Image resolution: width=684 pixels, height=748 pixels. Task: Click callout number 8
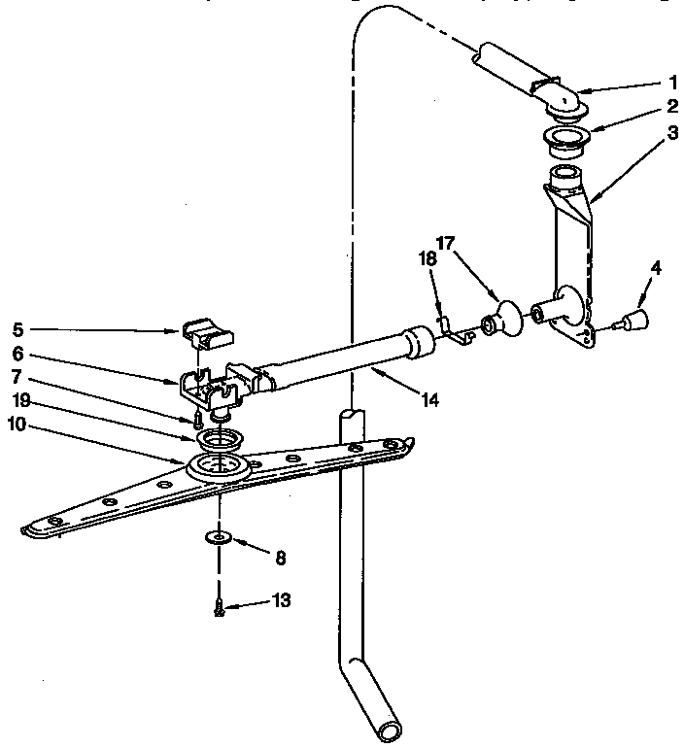click(281, 558)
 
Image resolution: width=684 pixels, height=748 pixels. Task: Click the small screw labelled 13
click(220, 608)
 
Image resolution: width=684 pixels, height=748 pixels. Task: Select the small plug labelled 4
click(637, 319)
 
